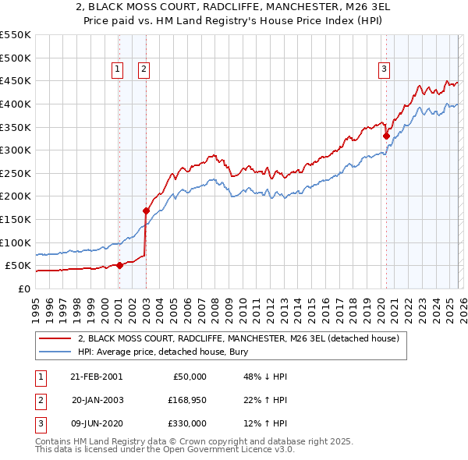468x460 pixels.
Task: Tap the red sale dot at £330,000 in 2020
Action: click(x=386, y=136)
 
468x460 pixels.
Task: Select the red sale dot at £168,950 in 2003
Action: click(x=146, y=211)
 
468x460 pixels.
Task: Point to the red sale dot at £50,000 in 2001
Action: click(x=119, y=265)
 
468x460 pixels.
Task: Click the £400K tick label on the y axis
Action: click(x=16, y=104)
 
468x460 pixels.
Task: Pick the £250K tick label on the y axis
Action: click(x=16, y=173)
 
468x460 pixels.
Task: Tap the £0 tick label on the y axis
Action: click(x=23, y=288)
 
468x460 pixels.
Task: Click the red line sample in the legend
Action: click(x=55, y=339)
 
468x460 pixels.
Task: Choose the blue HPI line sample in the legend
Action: click(x=55, y=352)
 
